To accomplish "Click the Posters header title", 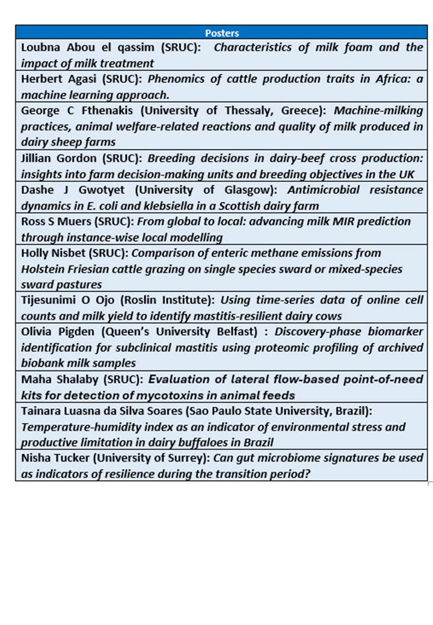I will [x=222, y=33].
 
